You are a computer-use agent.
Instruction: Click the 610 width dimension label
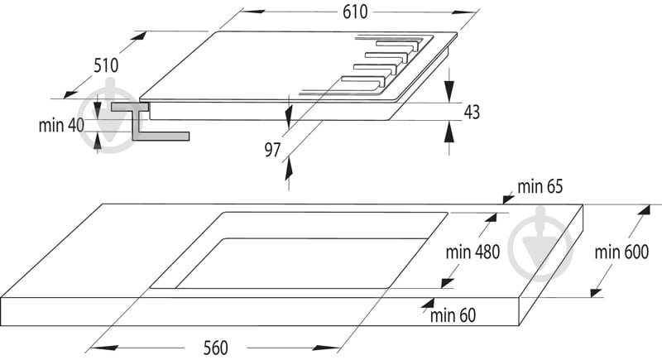355,12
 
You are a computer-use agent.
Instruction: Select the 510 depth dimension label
106,65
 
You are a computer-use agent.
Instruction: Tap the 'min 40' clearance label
61,125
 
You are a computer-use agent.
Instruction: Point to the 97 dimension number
273,150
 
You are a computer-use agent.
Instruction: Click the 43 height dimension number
472,112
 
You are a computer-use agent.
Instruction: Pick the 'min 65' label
540,186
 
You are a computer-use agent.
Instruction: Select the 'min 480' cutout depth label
473,252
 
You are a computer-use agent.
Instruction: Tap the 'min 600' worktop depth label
621,252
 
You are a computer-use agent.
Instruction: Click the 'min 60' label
453,314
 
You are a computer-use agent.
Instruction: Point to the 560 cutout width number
215,348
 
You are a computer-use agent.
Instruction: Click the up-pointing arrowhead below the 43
449,132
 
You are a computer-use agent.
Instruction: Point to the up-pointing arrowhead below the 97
289,170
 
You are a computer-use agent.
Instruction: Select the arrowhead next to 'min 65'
507,199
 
